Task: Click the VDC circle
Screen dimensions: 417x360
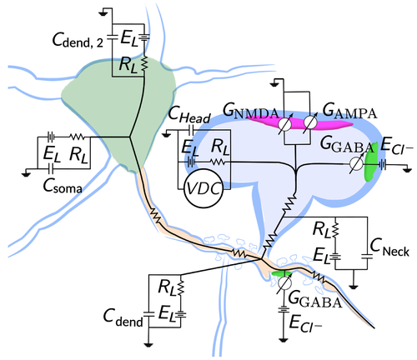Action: [x=203, y=188]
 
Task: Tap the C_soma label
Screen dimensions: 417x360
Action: [x=63, y=186]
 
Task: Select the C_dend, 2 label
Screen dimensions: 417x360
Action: [x=78, y=40]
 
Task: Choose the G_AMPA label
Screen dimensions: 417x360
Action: [x=349, y=111]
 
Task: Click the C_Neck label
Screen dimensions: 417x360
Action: [x=389, y=247]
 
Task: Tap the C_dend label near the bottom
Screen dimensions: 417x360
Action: [x=123, y=317]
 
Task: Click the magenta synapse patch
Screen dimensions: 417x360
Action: [x=299, y=123]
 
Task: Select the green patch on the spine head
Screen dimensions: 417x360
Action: [x=371, y=162]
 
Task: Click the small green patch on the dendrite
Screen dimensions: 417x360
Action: [x=281, y=273]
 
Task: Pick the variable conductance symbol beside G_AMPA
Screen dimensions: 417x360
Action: [x=310, y=122]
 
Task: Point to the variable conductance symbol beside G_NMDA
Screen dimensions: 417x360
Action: [x=285, y=124]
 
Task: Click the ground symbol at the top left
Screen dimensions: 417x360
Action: [x=105, y=14]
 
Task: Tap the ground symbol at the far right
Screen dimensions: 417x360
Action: [x=407, y=168]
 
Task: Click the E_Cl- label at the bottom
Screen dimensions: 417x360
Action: [x=305, y=322]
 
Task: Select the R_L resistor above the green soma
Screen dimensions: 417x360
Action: [x=144, y=63]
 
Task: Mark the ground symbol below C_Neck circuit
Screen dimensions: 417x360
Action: [x=354, y=286]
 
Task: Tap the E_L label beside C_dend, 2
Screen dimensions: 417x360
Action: [x=129, y=38]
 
